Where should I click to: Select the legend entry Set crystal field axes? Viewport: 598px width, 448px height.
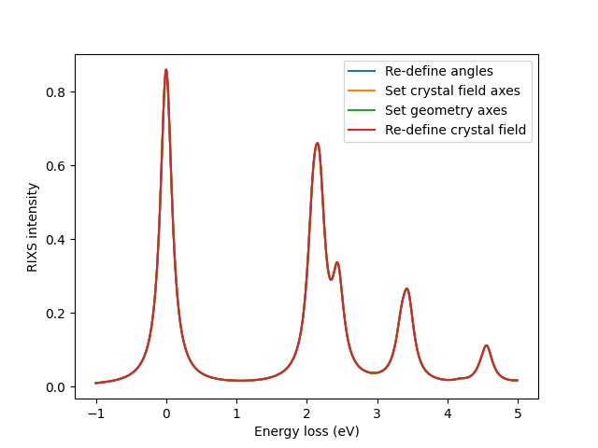pyautogui.click(x=452, y=91)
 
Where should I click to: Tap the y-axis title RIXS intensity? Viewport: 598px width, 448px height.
pyautogui.click(x=33, y=227)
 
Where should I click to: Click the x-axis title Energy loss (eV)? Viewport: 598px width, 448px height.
pyautogui.click(x=306, y=432)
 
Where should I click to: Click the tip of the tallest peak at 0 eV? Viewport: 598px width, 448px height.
pyautogui.click(x=166, y=70)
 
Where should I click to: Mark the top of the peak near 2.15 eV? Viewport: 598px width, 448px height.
pyautogui.click(x=318, y=144)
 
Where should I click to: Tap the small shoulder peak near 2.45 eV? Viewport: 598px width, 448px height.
pyautogui.click(x=337, y=262)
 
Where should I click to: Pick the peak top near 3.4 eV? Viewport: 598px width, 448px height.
pyautogui.click(x=406, y=288)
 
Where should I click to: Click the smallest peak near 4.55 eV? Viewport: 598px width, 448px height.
pyautogui.click(x=486, y=346)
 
